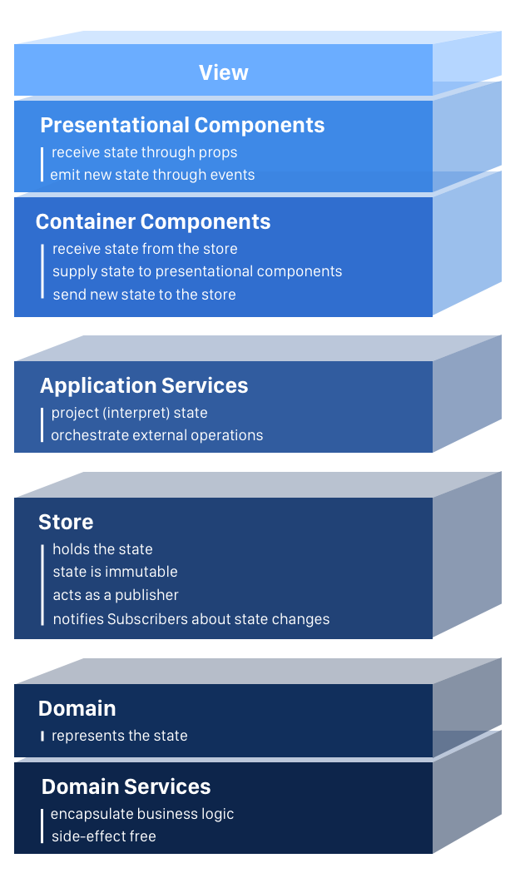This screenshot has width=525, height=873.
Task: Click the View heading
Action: point(223,72)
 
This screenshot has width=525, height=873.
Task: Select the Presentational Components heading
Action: point(182,126)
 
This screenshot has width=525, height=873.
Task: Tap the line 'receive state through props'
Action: point(144,152)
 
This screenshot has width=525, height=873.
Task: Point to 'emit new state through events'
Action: point(152,175)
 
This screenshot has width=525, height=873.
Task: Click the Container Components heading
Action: point(153,221)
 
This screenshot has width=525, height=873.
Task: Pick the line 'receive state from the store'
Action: point(145,249)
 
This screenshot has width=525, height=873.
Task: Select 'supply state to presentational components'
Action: point(197,271)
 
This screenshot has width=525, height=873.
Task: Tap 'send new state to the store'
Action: point(144,295)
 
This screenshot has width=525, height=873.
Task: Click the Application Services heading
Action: point(144,385)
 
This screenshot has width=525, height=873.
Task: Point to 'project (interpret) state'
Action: point(129,413)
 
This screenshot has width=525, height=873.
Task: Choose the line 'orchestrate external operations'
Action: point(157,435)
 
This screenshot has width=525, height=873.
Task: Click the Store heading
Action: point(66,523)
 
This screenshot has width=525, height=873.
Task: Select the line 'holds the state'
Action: point(102,549)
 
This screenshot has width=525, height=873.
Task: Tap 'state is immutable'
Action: point(116,572)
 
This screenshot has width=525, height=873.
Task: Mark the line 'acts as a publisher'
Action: point(116,595)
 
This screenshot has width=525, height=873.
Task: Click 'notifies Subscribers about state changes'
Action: point(191,619)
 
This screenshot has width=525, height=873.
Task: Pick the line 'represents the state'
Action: point(120,736)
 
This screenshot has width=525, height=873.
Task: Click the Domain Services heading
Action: point(126,786)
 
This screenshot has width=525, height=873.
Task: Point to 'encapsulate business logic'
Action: point(142,815)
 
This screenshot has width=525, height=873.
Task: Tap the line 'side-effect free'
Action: point(103,836)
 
